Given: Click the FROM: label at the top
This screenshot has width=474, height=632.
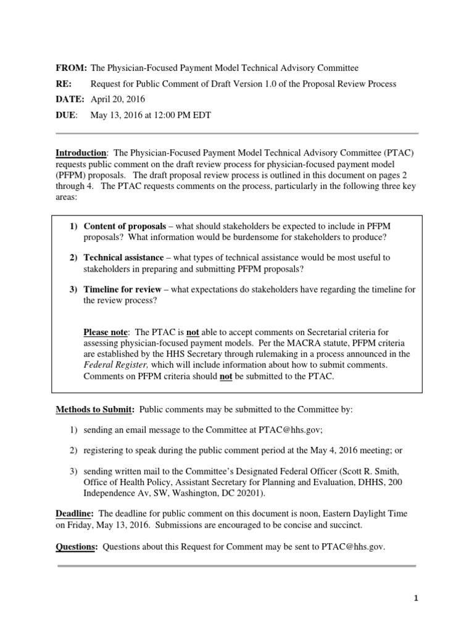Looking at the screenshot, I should [x=71, y=68].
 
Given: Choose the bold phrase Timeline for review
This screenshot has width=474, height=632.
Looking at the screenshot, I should [x=122, y=289].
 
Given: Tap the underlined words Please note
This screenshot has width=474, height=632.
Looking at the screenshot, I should [x=106, y=332].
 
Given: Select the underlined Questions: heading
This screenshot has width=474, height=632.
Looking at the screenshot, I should [x=77, y=547].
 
